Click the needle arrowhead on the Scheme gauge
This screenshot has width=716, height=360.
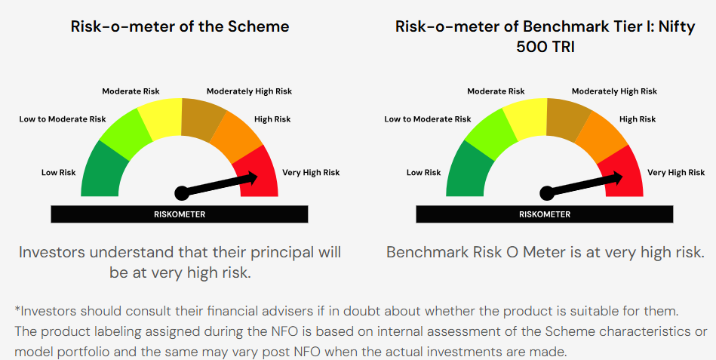coord(251,178)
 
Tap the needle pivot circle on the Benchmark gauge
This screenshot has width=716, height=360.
coord(546,193)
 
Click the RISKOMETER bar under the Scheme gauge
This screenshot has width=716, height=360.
coord(180,214)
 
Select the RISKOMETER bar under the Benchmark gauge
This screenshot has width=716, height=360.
coord(544,214)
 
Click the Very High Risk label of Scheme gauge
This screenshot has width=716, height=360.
coord(311,173)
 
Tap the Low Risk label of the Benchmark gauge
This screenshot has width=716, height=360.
coord(424,173)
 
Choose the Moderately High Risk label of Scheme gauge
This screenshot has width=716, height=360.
coord(249,91)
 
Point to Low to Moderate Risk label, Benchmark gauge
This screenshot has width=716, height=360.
coord(427,119)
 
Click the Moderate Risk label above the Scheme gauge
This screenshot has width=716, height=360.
coord(131,91)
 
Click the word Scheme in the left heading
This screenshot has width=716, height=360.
coord(259,26)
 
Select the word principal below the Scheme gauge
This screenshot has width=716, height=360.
coord(283,253)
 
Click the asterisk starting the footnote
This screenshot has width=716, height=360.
coord(18,309)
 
